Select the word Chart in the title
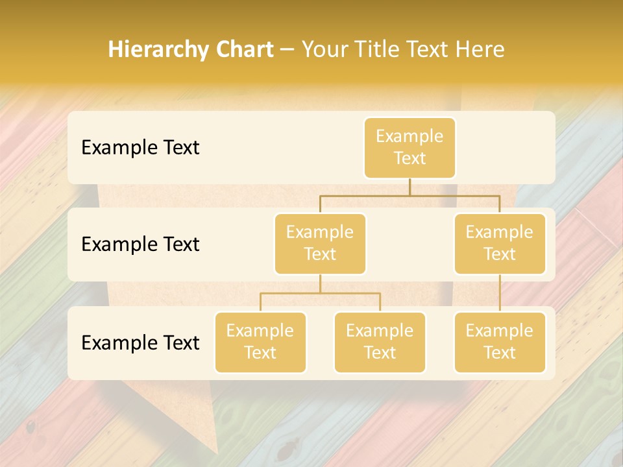point(241,50)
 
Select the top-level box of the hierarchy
point(409,147)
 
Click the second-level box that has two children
point(320,243)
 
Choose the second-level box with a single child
point(500,243)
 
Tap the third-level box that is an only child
point(500,342)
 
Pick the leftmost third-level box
point(260,342)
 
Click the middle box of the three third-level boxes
point(380,342)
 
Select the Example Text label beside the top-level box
point(140,148)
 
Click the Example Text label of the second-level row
point(140,245)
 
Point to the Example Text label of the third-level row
point(140,342)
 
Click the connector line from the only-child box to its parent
point(500,293)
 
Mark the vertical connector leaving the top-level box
point(409,187)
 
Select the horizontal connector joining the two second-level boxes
point(409,195)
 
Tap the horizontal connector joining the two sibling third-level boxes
point(320,293)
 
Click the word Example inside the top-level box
point(409,136)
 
